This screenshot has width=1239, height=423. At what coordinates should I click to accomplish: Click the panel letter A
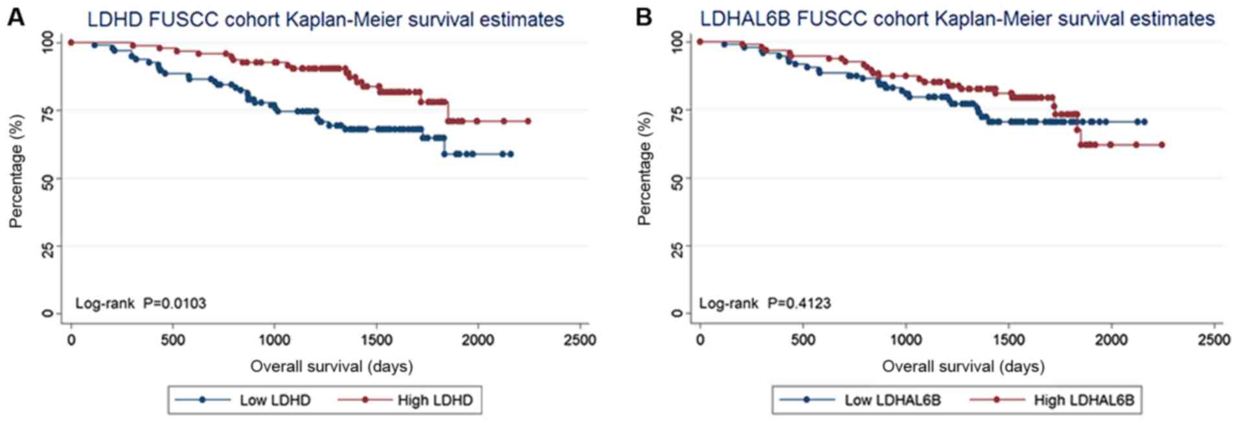pos(16,17)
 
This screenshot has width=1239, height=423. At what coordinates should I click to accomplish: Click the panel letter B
pos(643,17)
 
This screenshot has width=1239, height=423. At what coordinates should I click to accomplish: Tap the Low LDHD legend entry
pos(275,400)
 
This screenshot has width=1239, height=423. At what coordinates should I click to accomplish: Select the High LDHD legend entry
pos(435,400)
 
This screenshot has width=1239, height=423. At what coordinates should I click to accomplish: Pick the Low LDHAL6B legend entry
pos(892,400)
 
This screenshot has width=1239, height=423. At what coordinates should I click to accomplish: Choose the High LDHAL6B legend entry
pos(1084,400)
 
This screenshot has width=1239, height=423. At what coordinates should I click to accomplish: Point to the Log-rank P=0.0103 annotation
pos(141,303)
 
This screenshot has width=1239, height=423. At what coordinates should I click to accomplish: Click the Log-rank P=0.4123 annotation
pos(764,303)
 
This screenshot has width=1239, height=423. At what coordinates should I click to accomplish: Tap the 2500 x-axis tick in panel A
pos(579,340)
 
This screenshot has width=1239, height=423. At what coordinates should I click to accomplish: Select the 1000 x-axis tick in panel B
pos(905,340)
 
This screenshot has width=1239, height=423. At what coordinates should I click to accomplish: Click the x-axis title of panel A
pos(332,367)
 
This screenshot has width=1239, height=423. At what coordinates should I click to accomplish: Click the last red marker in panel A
pos(528,121)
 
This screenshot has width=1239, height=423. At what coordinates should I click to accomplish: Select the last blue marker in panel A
pos(511,154)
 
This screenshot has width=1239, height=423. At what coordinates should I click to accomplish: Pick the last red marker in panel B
pos(1161,145)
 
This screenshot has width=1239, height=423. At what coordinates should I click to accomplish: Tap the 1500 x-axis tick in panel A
pos(376,340)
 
